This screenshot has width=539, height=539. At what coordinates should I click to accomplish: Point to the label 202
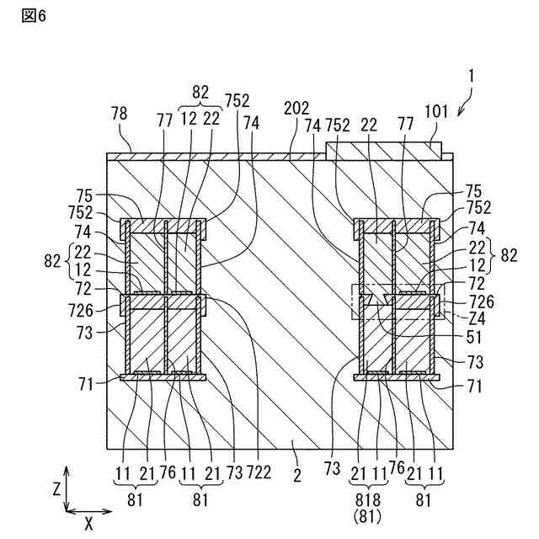[296, 107]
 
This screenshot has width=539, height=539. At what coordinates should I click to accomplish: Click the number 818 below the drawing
[369, 497]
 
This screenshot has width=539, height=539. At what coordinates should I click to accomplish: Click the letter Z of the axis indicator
[56, 487]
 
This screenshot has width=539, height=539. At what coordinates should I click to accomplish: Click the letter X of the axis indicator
[88, 522]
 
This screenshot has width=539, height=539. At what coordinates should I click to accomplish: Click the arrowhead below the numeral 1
[457, 113]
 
